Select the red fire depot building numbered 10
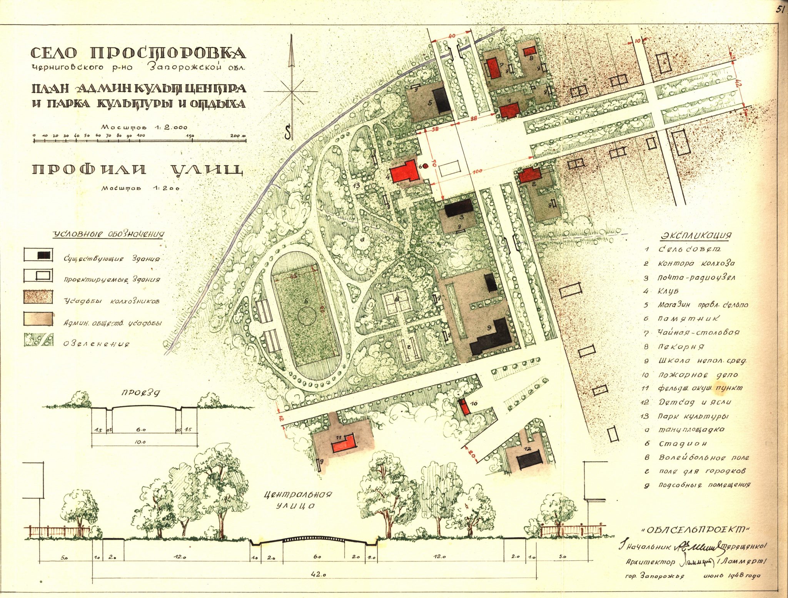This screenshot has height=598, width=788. coord(465,407)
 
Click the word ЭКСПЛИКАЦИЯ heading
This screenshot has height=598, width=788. coord(696,235)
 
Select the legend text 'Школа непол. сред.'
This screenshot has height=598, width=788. coord(703,361)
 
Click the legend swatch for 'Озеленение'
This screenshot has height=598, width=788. coord(38,340)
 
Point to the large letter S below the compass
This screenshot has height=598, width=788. coord(288,133)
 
